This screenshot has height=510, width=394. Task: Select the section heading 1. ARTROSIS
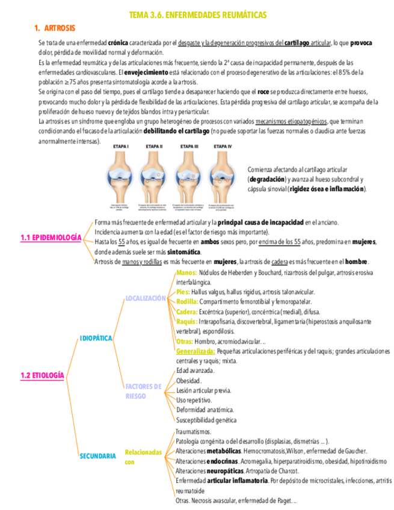coord(55,28)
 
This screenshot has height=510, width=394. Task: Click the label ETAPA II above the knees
coord(154,146)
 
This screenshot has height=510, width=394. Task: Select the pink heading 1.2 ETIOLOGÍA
coord(42,375)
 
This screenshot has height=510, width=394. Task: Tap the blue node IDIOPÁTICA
coord(96,339)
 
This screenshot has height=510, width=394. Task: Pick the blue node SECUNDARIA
coord(97,456)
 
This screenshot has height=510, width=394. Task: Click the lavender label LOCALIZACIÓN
coord(145,298)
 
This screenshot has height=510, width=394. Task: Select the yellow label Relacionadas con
coord(143,456)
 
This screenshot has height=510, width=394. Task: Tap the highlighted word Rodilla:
coord(187,302)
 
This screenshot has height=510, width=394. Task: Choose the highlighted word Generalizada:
coord(196,351)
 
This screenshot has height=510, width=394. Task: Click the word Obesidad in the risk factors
coord(188,381)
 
